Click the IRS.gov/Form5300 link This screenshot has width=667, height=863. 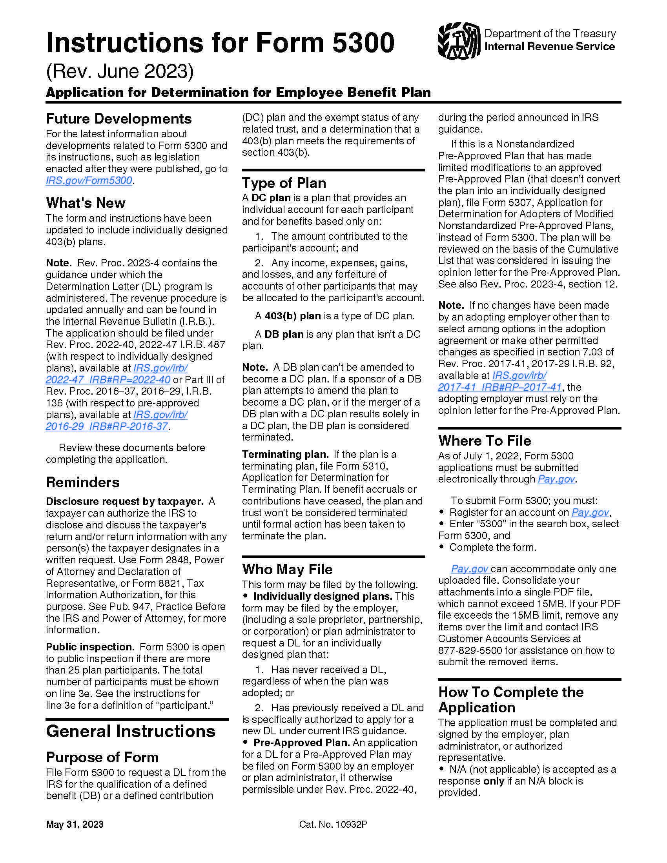(89, 180)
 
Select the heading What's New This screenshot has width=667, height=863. (86, 203)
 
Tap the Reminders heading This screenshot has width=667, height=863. (82, 482)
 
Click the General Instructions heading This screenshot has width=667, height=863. (130, 731)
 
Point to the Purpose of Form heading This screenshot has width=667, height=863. (102, 757)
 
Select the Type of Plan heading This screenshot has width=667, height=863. (284, 183)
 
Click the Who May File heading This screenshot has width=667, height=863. (287, 569)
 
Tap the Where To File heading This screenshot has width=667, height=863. (485, 441)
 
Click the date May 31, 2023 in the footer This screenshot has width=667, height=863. (75, 824)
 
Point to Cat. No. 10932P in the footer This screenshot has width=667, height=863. (333, 824)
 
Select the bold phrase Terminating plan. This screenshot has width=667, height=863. (285, 454)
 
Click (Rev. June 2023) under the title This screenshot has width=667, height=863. (120, 71)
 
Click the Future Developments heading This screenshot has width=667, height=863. (119, 118)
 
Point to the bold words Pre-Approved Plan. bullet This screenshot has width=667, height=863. (301, 743)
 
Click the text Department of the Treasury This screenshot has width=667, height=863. (550, 34)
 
